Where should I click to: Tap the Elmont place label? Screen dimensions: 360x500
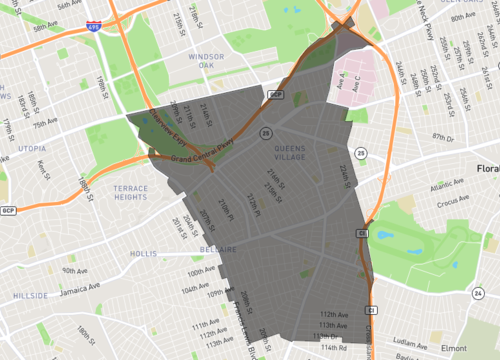coord(453,348)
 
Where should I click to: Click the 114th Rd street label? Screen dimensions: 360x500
coord(336,349)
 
